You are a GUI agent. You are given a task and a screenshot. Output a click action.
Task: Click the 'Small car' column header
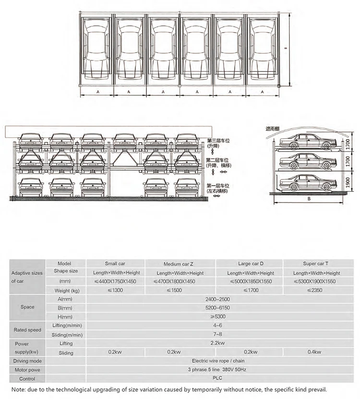click(x=115, y=264)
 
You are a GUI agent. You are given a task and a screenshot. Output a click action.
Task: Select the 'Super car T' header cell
click(x=316, y=264)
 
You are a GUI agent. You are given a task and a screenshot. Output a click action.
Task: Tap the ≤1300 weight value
click(x=115, y=290)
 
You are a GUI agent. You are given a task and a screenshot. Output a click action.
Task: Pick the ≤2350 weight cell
click(x=316, y=290)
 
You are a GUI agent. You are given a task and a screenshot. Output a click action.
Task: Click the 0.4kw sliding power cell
click(x=316, y=352)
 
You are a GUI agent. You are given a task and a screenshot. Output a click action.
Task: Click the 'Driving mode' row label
click(x=27, y=361)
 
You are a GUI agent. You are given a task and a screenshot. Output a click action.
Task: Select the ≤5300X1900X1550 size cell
click(x=316, y=282)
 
